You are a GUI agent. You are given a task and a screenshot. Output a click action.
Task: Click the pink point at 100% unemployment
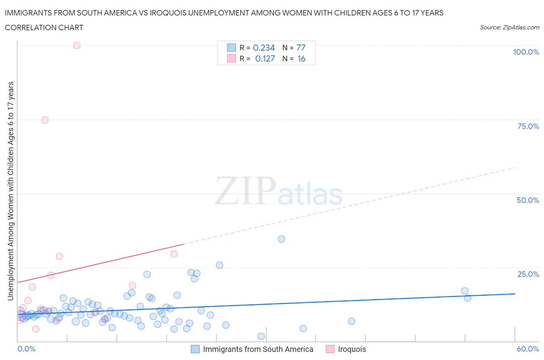coord(77,45)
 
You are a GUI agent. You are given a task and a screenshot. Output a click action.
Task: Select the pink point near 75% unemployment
coord(45,120)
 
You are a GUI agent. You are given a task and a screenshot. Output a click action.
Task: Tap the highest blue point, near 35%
coord(281,239)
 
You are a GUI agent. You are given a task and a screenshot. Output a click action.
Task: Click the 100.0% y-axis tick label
coord(526,52)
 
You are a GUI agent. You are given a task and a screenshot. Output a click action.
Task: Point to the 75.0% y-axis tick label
coord(528,126)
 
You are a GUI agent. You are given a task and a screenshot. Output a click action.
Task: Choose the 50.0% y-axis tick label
coord(528,200)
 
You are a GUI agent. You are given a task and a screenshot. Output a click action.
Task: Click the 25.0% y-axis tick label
coord(528,274)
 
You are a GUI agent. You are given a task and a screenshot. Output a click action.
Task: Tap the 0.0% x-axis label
coord(26,349)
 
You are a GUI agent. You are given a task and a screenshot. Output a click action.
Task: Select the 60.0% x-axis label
coord(528,349)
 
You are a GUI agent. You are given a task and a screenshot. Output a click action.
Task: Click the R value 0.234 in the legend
coord(263,48)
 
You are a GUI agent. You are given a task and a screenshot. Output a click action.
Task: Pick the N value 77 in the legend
coord(301,48)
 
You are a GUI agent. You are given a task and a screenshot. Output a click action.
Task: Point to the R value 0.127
coord(265,58)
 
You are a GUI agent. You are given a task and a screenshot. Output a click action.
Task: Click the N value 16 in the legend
coord(301,58)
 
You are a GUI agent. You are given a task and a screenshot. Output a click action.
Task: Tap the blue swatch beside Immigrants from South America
coord(195,349)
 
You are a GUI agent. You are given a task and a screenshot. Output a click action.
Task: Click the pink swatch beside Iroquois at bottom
coord(330,349)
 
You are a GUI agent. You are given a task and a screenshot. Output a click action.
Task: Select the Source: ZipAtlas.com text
coord(509,27)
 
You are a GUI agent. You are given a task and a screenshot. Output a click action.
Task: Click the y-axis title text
coord(10,191)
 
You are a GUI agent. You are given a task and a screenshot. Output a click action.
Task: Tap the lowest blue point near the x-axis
coord(261,336)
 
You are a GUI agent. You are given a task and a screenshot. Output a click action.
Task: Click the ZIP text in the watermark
coord(245,191)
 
